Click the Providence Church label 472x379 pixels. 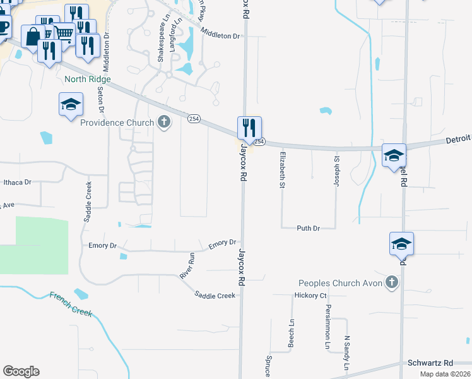click(117, 123)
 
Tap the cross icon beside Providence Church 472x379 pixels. click(164, 122)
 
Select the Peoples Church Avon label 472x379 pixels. click(341, 283)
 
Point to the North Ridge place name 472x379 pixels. click(87, 80)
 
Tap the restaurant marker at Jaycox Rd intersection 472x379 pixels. click(249, 128)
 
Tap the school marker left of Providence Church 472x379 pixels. click(71, 104)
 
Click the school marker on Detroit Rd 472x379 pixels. click(394, 155)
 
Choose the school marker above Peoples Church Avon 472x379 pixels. click(401, 244)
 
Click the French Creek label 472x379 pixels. click(71, 304)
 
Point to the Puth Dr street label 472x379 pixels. click(309, 227)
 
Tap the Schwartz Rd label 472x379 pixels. click(430, 363)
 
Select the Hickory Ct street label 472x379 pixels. click(310, 296)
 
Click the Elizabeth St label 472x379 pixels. click(283, 169)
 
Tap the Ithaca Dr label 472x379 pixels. click(17, 183)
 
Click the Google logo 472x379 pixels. click(21, 371)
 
